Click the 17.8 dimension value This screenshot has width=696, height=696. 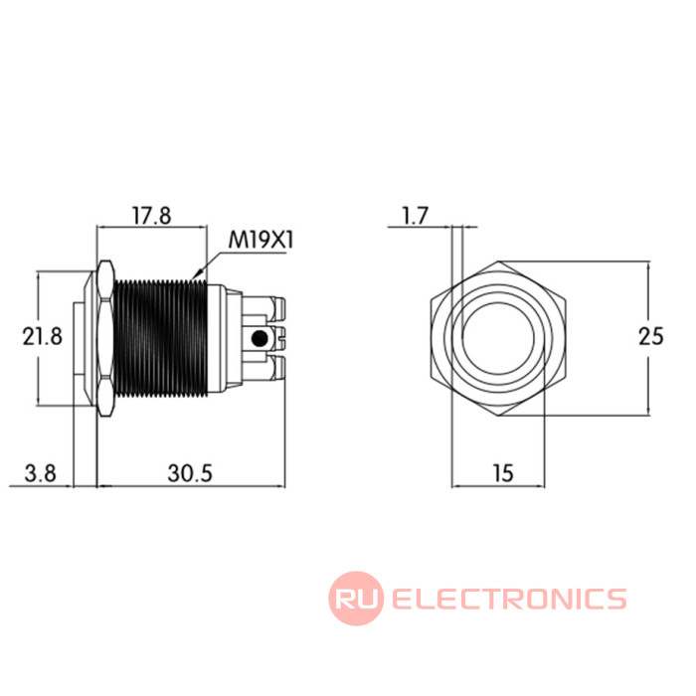tap(152, 216)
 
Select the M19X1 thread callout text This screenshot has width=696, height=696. tap(261, 241)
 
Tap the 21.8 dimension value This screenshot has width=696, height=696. tap(43, 336)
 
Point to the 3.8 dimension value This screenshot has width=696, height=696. tap(40, 473)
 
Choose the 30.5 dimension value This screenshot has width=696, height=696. tap(190, 473)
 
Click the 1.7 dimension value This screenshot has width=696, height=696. tap(415, 216)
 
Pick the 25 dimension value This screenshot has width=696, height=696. tap(651, 336)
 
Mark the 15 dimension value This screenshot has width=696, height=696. tap(503, 473)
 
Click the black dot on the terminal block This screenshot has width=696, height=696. tap(260, 339)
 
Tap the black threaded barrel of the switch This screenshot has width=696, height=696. tap(161, 337)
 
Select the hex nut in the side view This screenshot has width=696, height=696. tap(104, 338)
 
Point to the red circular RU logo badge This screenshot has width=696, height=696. tap(356, 599)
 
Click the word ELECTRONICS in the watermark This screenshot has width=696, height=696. tap(509, 599)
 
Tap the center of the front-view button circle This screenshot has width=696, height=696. tap(498, 339)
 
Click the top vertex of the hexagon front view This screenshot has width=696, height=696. tap(498, 261)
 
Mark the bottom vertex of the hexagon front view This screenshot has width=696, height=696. tap(498, 417)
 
